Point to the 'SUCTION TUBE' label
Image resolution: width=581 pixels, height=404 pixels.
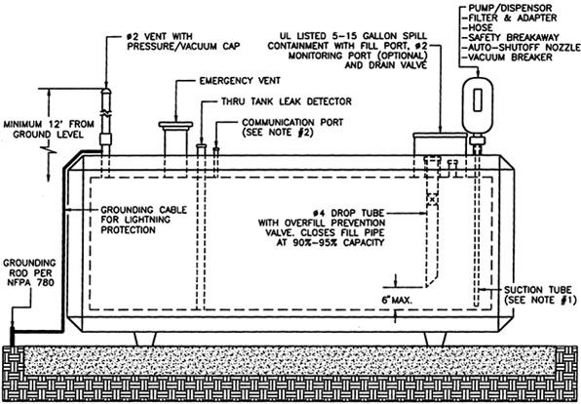click(x=540, y=290)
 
